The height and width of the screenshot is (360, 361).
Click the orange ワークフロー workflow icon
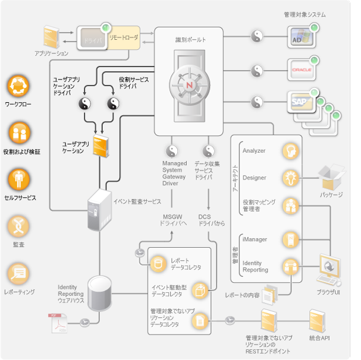pyautogui.click(x=18, y=86)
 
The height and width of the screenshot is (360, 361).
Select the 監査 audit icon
pyautogui.click(x=18, y=227)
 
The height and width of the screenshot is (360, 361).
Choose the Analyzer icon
pyautogui.click(x=290, y=151)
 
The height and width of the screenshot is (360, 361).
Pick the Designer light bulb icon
pyautogui.click(x=290, y=178)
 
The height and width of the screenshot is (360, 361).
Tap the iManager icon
pyautogui.click(x=290, y=239)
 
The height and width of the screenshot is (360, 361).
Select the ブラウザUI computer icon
pyautogui.click(x=329, y=270)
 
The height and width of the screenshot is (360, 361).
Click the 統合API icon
pyautogui.click(x=318, y=322)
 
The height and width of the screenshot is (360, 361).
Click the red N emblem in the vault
pyautogui.click(x=189, y=86)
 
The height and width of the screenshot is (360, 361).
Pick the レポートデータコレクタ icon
pyautogui.click(x=159, y=263)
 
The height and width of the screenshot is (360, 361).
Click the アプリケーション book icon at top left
pyautogui.click(x=52, y=37)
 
